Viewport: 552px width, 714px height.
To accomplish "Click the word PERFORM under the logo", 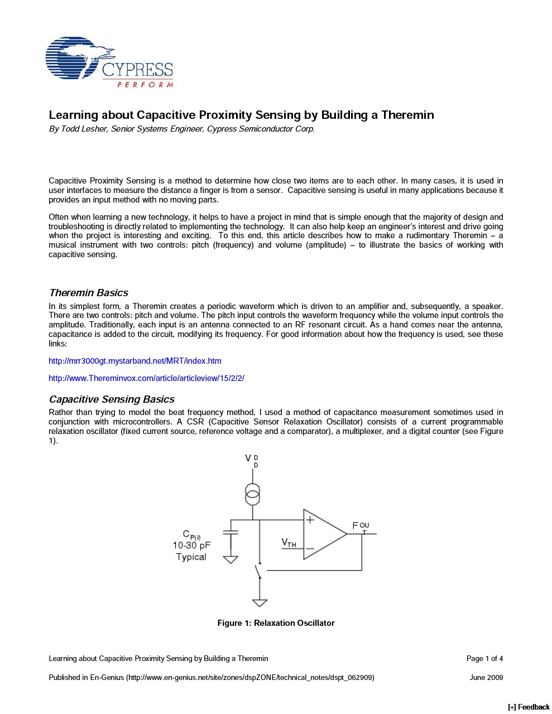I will (145, 85).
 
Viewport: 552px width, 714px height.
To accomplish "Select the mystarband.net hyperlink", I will (135, 361).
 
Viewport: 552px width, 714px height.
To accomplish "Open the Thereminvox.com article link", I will (146, 378).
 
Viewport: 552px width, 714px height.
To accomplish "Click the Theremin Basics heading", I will (88, 293).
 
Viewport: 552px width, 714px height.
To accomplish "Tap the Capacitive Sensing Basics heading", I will (112, 399).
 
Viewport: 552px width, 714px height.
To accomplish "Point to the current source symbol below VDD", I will (252, 494).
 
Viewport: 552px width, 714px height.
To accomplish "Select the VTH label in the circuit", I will (289, 542).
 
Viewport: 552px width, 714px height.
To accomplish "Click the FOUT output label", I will (360, 526).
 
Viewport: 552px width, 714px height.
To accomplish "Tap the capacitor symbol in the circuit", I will (230, 532).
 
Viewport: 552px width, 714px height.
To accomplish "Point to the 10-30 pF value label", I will (191, 546).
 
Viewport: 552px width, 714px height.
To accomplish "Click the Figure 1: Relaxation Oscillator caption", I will (276, 623).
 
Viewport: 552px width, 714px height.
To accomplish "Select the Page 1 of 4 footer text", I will (484, 659).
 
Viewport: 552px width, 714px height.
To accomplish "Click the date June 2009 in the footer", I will (486, 678).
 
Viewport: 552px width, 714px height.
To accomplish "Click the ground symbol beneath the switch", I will (260, 603).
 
